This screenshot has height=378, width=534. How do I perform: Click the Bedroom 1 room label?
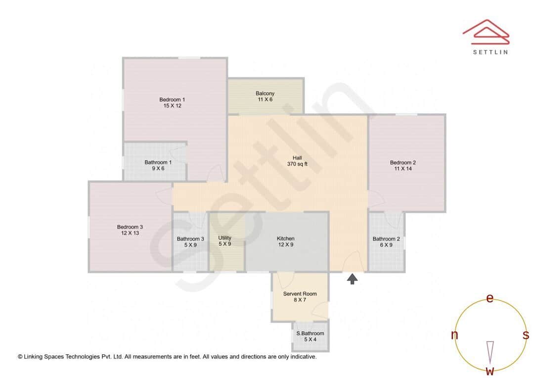click(x=172, y=102)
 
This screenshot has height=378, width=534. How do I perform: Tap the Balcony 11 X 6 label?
click(x=265, y=96)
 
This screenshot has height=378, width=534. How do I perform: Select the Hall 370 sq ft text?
click(x=297, y=161)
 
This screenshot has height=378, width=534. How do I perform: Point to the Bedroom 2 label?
click(x=402, y=166)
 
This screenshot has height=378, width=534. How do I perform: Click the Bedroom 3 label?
click(x=130, y=230)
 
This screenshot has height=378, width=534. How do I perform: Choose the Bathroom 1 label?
click(x=158, y=165)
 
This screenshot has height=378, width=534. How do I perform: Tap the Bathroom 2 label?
click(x=386, y=241)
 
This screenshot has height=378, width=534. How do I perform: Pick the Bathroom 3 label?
click(x=190, y=242)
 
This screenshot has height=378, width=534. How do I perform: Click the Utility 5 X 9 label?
click(x=225, y=241)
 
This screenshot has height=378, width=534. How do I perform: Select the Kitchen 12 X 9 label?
click(x=286, y=241)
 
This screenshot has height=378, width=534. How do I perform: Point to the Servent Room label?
click(x=300, y=297)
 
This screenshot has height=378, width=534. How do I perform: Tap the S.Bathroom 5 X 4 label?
click(x=310, y=336)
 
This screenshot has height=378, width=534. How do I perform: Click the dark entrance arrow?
click(x=352, y=279)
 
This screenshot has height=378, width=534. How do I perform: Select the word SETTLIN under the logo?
click(x=490, y=52)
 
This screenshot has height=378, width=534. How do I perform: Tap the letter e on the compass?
click(x=490, y=298)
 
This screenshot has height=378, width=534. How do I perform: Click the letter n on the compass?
click(x=454, y=335)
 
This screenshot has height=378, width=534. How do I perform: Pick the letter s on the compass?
click(x=526, y=335)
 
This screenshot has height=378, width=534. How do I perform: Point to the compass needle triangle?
click(x=490, y=351)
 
